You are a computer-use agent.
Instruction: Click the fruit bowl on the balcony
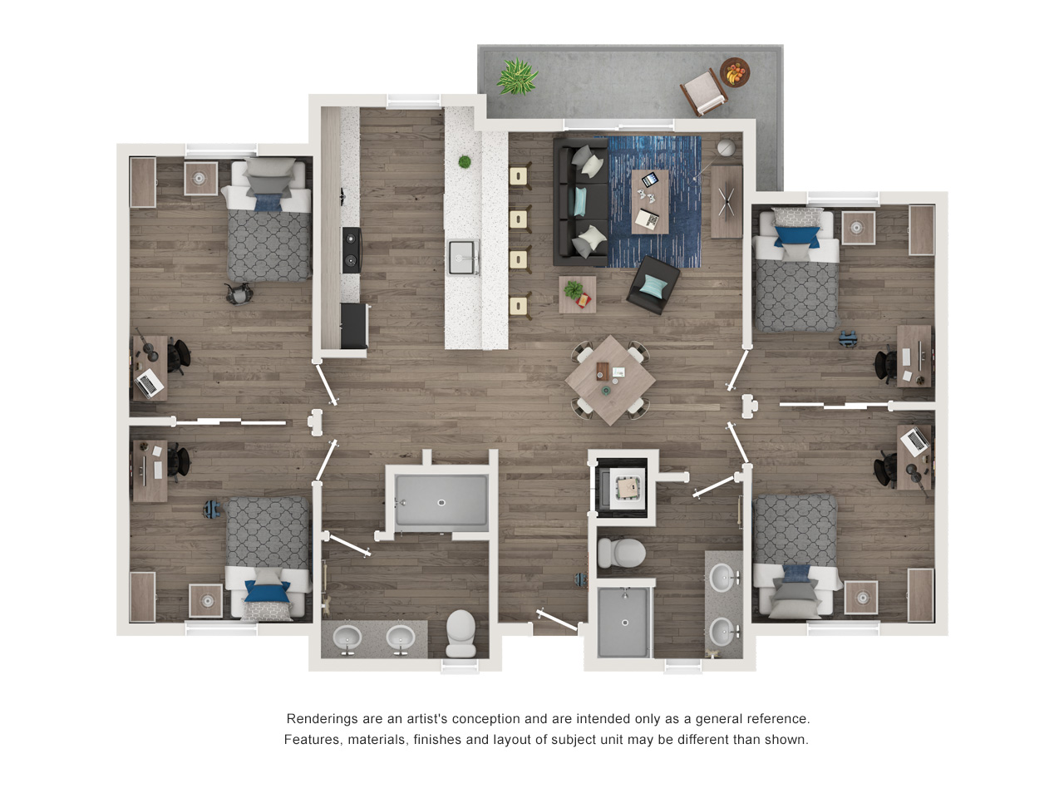(734, 72)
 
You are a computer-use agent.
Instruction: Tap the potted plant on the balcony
(517, 76)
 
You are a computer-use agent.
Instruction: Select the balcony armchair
(704, 92)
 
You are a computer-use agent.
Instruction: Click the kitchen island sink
(462, 257)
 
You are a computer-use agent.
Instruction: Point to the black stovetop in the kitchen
(352, 250)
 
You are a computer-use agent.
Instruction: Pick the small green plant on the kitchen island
(465, 162)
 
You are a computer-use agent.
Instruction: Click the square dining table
(611, 380)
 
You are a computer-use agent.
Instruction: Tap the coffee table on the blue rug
(649, 201)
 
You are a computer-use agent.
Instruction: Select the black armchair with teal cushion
(653, 285)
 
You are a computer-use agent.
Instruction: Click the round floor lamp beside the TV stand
(726, 148)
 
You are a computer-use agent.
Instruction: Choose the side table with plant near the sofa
(578, 294)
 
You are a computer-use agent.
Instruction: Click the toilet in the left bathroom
(461, 633)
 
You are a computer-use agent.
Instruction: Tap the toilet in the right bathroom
(621, 552)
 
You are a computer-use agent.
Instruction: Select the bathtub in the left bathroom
(441, 500)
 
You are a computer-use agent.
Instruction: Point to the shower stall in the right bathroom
(624, 622)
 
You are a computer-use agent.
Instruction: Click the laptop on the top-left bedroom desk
(150, 382)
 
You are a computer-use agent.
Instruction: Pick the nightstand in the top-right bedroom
(859, 228)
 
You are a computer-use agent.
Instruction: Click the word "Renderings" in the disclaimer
(318, 718)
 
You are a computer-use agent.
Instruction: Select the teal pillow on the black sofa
(580, 201)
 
